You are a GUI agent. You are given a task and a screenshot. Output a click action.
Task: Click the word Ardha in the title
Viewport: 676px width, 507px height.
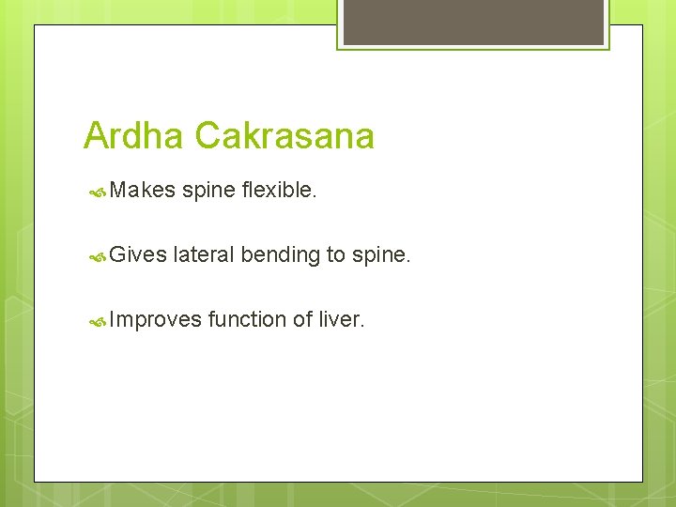pyautogui.click(x=134, y=136)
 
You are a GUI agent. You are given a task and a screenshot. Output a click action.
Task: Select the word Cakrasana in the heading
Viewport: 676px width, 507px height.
pyautogui.click(x=284, y=136)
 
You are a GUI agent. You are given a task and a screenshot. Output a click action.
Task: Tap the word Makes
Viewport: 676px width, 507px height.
pyautogui.click(x=142, y=191)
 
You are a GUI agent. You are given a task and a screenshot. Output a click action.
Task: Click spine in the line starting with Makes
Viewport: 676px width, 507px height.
pyautogui.click(x=208, y=191)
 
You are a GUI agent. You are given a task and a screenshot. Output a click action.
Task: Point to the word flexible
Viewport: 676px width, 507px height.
pyautogui.click(x=279, y=191)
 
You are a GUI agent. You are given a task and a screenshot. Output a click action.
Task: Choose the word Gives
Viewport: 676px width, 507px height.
pyautogui.click(x=138, y=254)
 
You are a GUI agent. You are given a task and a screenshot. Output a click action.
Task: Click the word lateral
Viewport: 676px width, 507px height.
pyautogui.click(x=204, y=254)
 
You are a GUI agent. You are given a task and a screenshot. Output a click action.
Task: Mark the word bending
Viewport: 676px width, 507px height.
pyautogui.click(x=280, y=255)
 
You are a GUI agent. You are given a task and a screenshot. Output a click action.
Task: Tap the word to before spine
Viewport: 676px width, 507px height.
pyautogui.click(x=337, y=255)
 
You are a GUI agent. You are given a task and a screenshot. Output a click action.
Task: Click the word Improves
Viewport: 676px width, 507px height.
pyautogui.click(x=155, y=319)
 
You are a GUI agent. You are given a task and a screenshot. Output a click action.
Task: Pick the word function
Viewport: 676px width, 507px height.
pyautogui.click(x=247, y=319)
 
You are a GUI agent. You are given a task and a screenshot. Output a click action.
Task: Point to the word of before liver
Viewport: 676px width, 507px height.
pyautogui.click(x=302, y=319)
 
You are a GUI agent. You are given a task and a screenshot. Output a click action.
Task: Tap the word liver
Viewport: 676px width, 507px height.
pyautogui.click(x=341, y=319)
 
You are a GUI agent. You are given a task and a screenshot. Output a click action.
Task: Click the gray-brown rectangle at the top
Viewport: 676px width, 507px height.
pyautogui.click(x=473, y=22)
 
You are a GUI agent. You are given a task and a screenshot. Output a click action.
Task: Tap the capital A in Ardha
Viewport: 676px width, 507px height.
pyautogui.click(x=95, y=136)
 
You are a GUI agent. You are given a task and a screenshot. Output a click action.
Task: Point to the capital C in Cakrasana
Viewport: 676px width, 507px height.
pyautogui.click(x=208, y=136)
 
